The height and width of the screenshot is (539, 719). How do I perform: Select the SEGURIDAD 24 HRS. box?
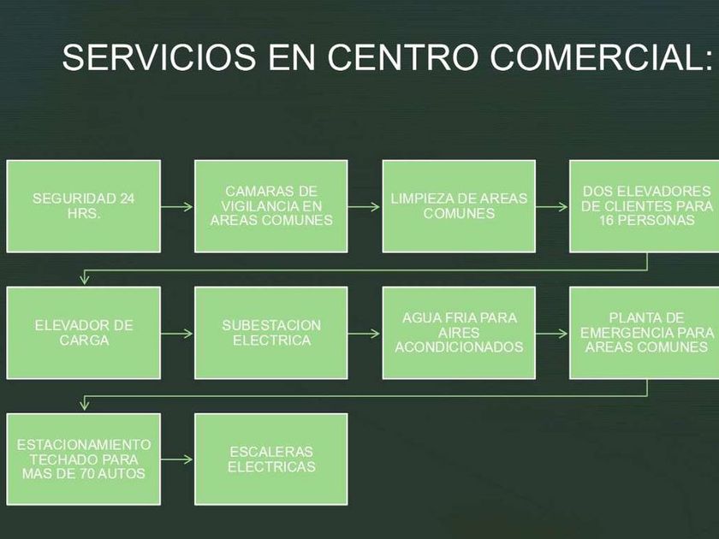[84, 206]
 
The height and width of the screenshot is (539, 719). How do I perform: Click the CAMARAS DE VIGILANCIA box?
[271, 206]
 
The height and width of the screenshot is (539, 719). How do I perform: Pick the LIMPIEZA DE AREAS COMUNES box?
[459, 206]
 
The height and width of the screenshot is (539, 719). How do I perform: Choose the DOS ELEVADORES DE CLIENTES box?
[644, 206]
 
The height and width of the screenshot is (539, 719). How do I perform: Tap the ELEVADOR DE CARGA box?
[84, 333]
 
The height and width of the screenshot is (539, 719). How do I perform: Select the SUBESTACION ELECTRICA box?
[271, 333]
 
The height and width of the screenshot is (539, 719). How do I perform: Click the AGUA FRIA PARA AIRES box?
[459, 333]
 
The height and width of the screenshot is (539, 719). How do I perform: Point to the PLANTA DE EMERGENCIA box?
[644, 333]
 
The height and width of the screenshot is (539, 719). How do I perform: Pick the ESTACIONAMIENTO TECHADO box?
[84, 459]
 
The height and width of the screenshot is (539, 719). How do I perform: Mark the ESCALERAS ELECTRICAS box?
[271, 459]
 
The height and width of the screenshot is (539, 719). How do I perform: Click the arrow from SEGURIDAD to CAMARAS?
[177, 206]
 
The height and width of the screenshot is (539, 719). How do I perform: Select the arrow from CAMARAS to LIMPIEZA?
[365, 206]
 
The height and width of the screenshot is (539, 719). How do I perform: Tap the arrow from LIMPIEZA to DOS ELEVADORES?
[552, 206]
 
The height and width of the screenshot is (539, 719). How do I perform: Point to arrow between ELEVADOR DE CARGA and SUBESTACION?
[177, 333]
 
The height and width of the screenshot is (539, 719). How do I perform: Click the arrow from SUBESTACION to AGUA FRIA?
[365, 333]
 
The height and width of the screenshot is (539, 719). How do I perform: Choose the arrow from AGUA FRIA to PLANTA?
[552, 333]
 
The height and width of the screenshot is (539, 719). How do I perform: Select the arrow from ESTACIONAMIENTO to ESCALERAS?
[177, 459]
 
